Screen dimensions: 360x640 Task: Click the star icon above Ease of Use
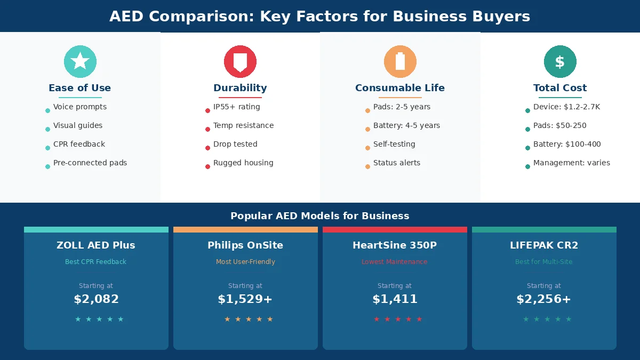(80, 61)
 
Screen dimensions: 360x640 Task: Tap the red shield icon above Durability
(240, 61)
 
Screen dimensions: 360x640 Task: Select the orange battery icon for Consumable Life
(400, 61)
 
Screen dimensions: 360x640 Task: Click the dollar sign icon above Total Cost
(559, 61)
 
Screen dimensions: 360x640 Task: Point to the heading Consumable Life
(400, 88)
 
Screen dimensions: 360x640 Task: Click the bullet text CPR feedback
(79, 144)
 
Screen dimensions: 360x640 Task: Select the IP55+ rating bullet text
(236, 107)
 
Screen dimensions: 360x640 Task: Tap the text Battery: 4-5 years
(406, 125)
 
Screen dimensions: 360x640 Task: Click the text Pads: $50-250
(559, 125)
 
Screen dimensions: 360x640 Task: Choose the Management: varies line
(571, 163)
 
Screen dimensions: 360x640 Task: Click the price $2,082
(96, 299)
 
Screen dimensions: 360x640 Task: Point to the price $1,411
(395, 299)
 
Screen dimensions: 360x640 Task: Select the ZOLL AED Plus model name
(96, 245)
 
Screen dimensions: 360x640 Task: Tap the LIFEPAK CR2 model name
(544, 245)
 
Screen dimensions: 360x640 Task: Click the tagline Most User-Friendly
(245, 262)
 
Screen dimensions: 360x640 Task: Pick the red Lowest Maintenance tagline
(395, 262)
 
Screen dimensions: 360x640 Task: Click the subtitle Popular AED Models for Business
(320, 216)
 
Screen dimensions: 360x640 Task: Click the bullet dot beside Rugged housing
(207, 166)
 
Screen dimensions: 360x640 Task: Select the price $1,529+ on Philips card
(245, 299)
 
